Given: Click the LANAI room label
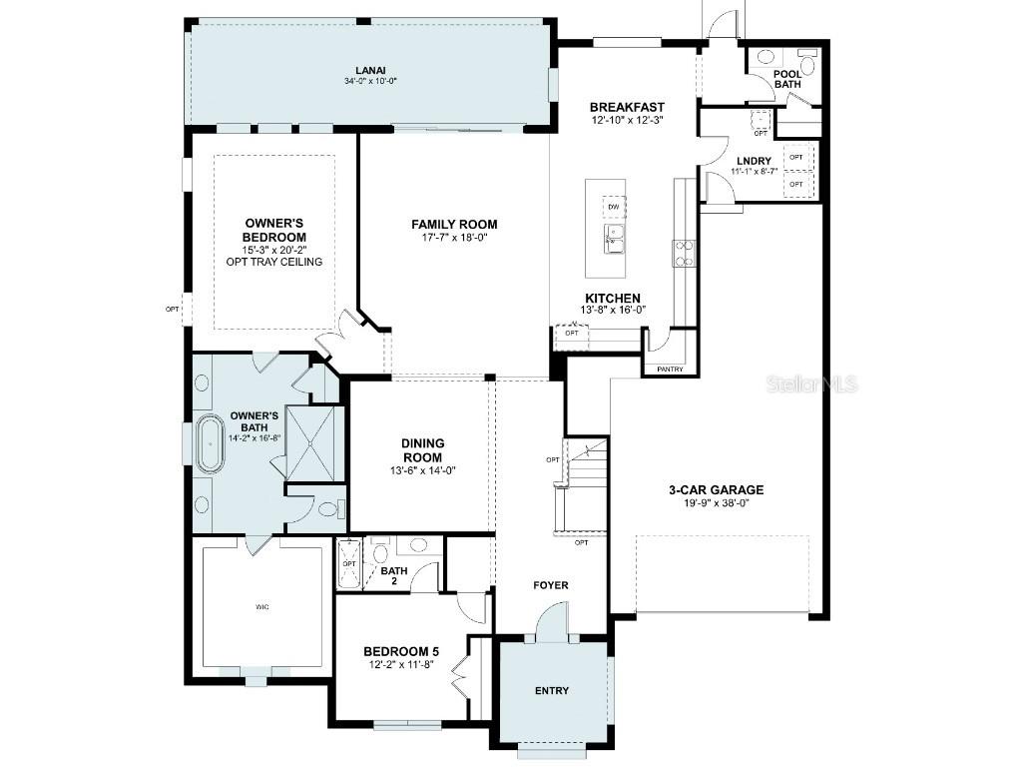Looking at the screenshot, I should click(x=369, y=69).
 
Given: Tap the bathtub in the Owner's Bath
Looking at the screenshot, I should click(x=211, y=444).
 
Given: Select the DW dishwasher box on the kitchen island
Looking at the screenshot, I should click(x=614, y=207).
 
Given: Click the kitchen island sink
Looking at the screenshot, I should click(x=614, y=239).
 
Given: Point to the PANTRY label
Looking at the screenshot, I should click(x=671, y=370).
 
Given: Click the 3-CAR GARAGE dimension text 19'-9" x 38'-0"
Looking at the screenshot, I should click(x=716, y=503).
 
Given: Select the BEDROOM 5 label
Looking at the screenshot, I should click(x=400, y=652).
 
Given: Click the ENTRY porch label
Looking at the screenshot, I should click(x=552, y=690).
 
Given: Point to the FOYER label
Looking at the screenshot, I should click(x=550, y=585).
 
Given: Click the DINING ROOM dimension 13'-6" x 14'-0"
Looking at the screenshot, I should click(x=422, y=470).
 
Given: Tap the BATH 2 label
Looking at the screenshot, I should click(x=394, y=578).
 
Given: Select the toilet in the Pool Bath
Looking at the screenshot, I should click(x=807, y=62).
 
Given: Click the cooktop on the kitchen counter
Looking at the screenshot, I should click(x=685, y=253).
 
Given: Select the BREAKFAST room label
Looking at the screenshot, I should click(x=627, y=107).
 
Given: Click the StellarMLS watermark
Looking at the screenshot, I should click(x=811, y=383).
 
